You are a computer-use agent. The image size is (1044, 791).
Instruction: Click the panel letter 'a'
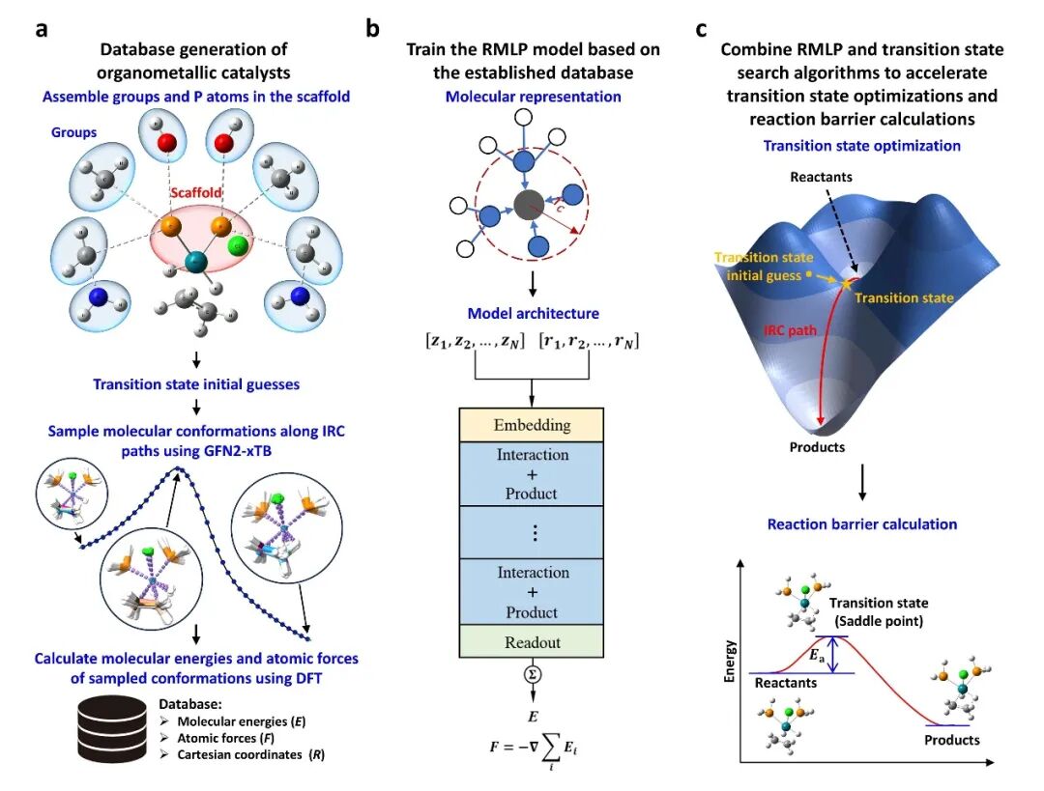pos(41,29)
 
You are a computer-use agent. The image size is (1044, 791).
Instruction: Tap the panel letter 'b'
pos(372,29)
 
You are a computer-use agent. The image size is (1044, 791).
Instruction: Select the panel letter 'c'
pos(703,29)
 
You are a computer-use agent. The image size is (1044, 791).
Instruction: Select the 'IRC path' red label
pos(791,330)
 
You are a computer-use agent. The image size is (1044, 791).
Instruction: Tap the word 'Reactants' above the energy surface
pos(822,177)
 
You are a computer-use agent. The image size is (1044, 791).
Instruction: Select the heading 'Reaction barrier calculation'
pos(861,524)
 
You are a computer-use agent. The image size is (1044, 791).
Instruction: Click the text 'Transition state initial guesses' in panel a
pos(196,384)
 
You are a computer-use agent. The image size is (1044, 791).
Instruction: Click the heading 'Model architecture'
pos(532,313)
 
